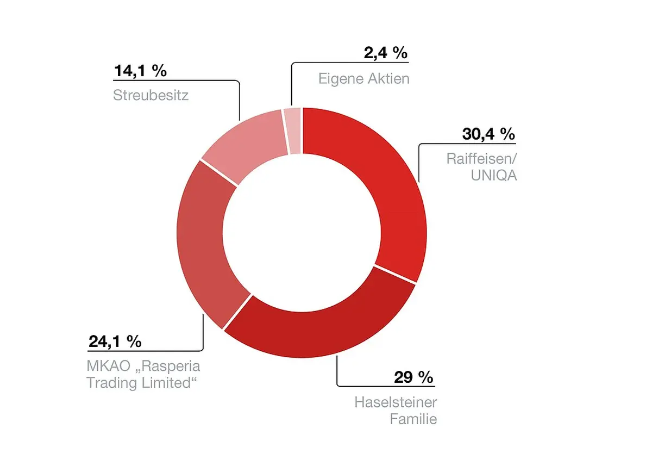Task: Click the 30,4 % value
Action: pyautogui.click(x=488, y=134)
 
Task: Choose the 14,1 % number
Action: pyautogui.click(x=140, y=71)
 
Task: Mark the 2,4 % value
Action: pyautogui.click(x=385, y=53)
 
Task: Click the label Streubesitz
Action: pyautogui.click(x=151, y=96)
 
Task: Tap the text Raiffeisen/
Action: pyautogui.click(x=481, y=159)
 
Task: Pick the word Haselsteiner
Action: pyautogui.click(x=396, y=402)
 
